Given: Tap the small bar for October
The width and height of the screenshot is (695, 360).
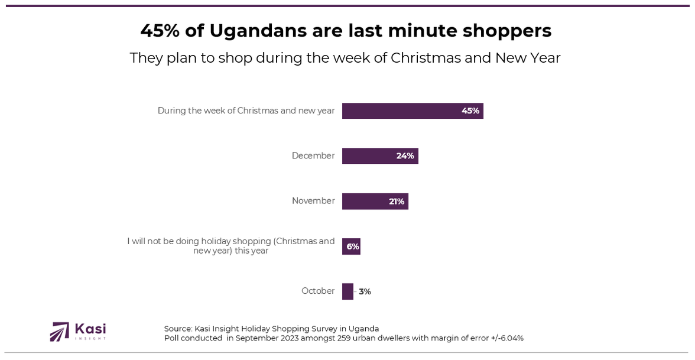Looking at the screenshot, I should pyautogui.click(x=347, y=291).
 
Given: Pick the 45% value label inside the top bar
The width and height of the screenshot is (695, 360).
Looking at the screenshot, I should pyautogui.click(x=470, y=111).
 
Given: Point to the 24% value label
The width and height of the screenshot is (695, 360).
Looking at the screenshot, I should pyautogui.click(x=405, y=156).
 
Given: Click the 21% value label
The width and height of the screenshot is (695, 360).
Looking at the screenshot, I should pyautogui.click(x=397, y=202).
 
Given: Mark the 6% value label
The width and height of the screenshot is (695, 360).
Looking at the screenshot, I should pyautogui.click(x=353, y=247).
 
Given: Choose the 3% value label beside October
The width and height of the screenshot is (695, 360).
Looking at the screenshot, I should pyautogui.click(x=365, y=291).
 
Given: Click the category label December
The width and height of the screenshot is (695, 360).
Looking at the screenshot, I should pyautogui.click(x=313, y=156).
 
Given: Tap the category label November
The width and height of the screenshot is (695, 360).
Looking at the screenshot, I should pyautogui.click(x=313, y=201).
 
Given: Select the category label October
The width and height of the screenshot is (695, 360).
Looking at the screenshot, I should pyautogui.click(x=318, y=291).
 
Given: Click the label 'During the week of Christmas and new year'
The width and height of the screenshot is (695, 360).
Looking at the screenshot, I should pyautogui.click(x=246, y=111).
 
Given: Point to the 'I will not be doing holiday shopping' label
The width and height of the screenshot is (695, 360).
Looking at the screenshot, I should pyautogui.click(x=230, y=246).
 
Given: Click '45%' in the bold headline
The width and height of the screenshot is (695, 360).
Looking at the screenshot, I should pyautogui.click(x=160, y=31).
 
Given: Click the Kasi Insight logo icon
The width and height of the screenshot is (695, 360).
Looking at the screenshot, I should pyautogui.click(x=60, y=332).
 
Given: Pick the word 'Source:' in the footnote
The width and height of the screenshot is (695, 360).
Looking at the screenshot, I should pyautogui.click(x=178, y=329).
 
